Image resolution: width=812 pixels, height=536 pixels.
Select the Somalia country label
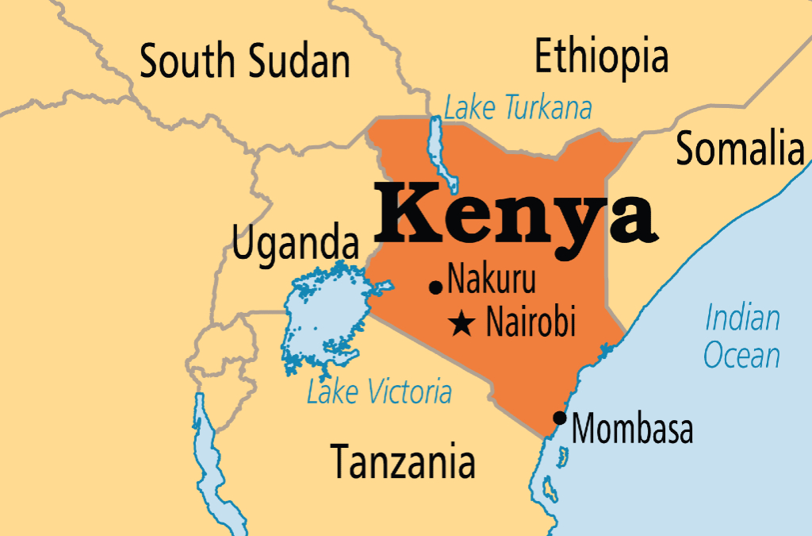click(739, 148)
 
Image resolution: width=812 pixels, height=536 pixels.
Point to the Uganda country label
click(294, 243)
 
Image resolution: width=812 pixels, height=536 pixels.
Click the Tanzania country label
click(403, 460)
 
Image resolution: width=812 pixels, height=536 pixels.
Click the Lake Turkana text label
click(518, 108)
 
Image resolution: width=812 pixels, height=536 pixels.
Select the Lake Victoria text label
click(379, 391)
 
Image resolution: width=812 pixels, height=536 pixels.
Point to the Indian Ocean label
click(742, 337)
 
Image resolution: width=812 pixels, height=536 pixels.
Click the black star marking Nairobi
click(462, 323)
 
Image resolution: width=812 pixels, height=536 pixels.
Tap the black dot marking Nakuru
click(435, 287)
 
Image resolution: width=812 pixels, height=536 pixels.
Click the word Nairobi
click(530, 322)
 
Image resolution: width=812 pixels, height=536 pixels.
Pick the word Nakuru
click(492, 280)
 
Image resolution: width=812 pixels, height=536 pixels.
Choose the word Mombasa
click(632, 430)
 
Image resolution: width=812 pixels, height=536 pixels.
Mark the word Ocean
click(742, 355)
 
